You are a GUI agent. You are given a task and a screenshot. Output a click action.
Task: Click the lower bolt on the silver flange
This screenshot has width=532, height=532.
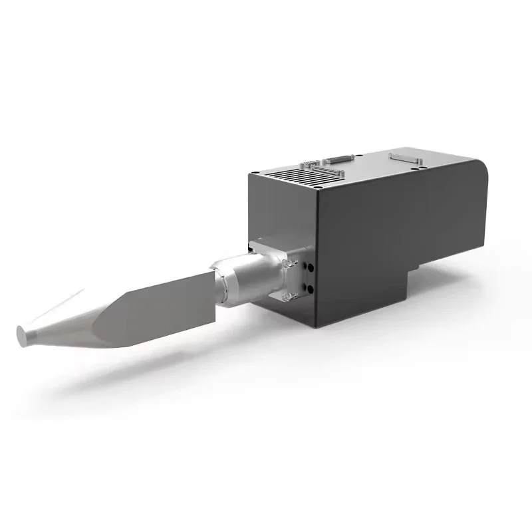pyautogui.click(x=287, y=293)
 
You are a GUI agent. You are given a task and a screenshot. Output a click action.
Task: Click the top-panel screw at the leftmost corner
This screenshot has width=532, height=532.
pyautogui.click(x=256, y=174)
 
